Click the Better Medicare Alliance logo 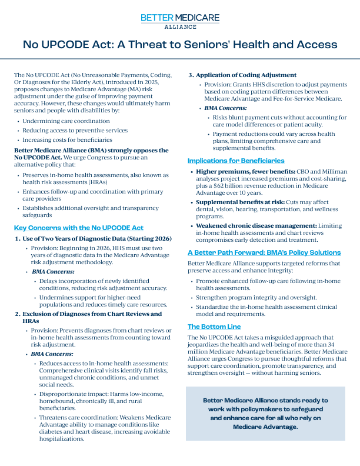(180, 21)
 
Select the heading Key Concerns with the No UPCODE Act (79, 228)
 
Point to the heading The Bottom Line (214, 327)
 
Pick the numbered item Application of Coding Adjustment (246, 75)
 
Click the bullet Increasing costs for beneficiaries (67, 139)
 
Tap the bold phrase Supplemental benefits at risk (241, 202)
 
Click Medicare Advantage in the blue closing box (265, 427)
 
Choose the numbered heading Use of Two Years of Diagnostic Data (97, 238)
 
